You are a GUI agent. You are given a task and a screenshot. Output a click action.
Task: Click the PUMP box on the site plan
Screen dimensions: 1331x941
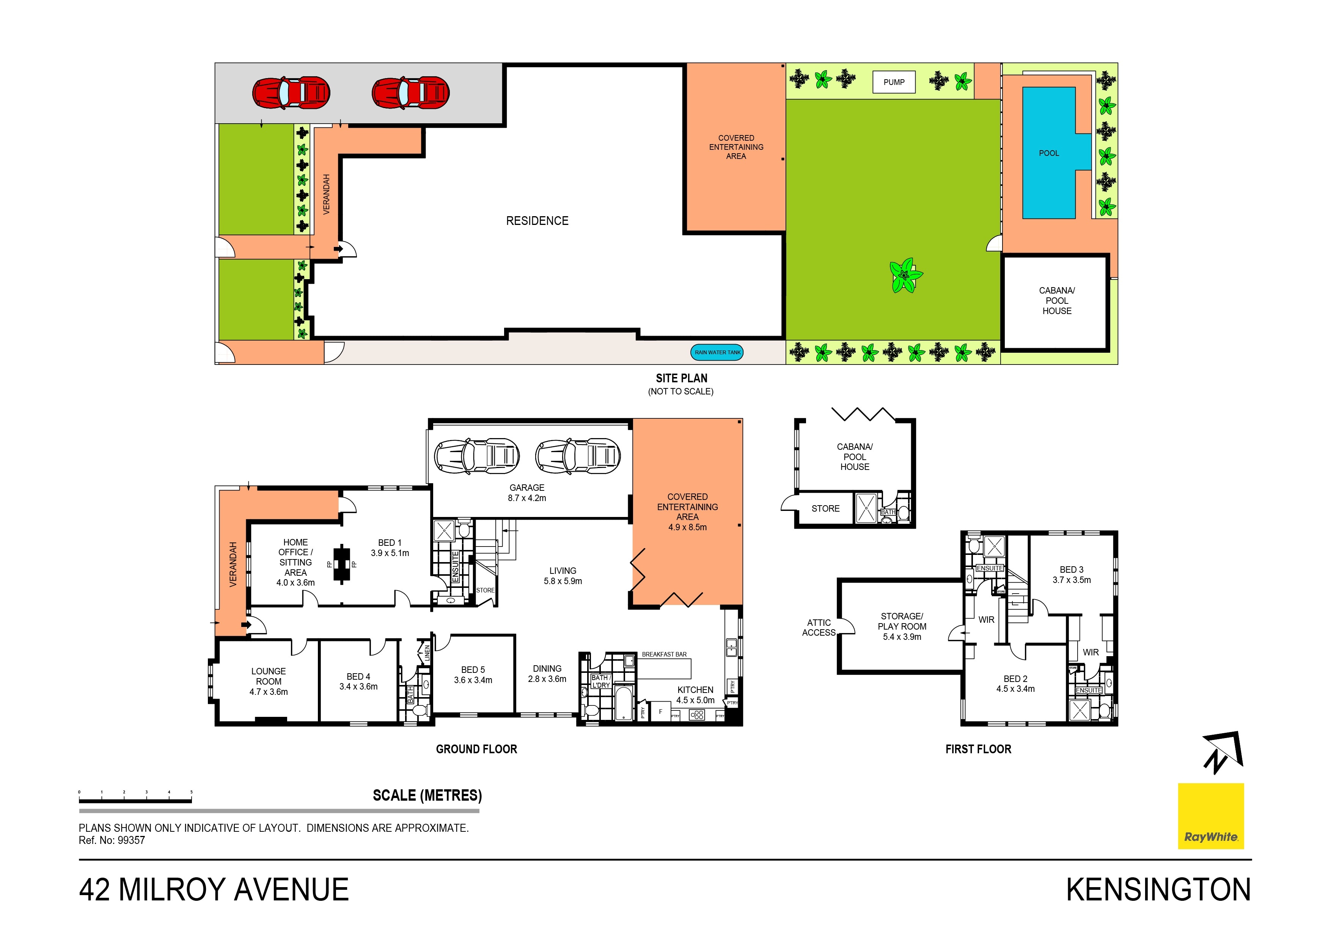[894, 82]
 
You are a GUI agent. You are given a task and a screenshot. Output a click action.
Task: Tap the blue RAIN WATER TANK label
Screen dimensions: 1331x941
[718, 352]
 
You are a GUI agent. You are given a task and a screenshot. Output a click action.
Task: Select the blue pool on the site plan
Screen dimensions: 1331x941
[1049, 152]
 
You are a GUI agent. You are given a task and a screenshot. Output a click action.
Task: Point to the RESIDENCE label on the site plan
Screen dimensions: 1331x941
[537, 221]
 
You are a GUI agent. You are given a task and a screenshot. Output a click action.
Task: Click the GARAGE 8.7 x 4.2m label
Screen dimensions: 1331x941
[527, 493]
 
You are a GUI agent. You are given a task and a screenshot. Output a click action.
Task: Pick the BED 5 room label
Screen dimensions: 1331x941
[473, 675]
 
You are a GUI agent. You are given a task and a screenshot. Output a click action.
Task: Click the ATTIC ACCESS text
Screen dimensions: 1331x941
[819, 627]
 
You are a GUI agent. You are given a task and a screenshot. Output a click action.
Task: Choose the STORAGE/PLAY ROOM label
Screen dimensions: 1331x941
[902, 626]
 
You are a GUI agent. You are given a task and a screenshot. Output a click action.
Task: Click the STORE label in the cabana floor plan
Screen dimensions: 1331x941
[825, 509]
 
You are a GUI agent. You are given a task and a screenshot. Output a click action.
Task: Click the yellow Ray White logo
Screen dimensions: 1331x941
[1211, 816]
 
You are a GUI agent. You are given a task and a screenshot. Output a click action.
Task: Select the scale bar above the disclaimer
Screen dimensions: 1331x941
[135, 801]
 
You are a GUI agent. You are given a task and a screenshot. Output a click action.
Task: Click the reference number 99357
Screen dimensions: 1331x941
[131, 840]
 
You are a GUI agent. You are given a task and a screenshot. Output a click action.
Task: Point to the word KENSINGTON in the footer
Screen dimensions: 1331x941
[1159, 889]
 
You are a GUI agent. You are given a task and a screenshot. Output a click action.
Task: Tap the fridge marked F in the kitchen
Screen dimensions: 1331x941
[660, 712]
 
